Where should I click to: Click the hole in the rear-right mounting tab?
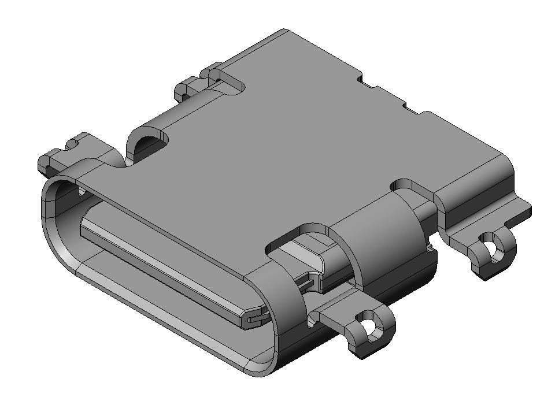pyautogui.click(x=494, y=246)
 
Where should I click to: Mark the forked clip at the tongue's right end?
pyautogui.click(x=254, y=318)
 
